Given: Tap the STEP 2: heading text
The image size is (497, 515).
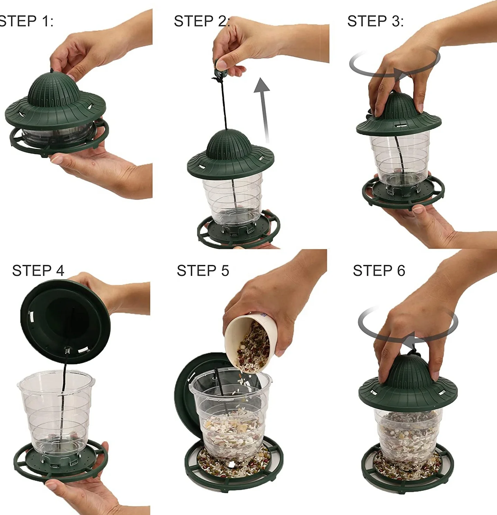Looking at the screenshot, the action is click(202, 21).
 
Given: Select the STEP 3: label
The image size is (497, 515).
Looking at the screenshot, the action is click(375, 21).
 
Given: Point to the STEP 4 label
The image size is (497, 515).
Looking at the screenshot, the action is click(38, 270).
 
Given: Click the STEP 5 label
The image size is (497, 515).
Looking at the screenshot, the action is click(203, 270).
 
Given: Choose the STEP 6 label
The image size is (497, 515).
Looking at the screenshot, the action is click(379, 270).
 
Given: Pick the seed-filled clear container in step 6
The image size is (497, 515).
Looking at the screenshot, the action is click(408, 437).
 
